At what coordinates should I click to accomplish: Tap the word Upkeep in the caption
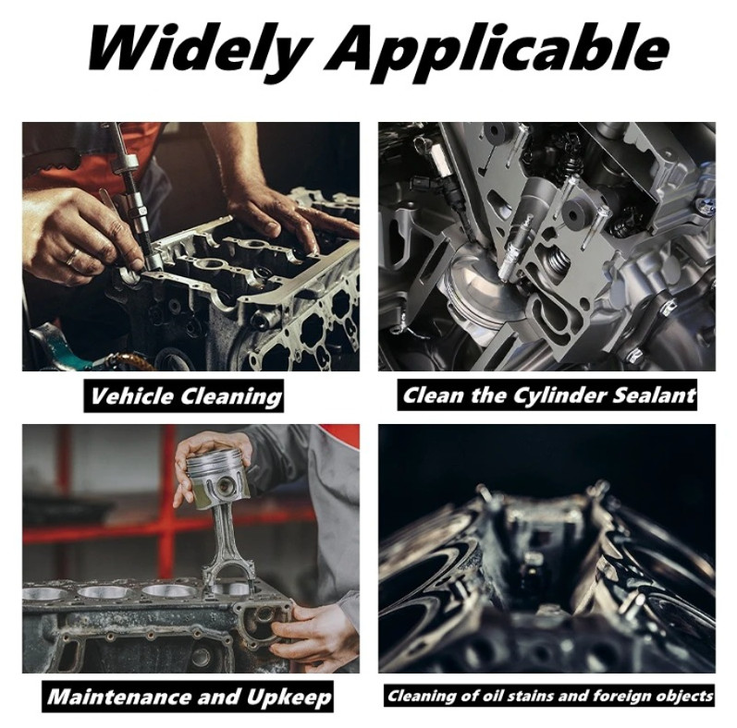click(289, 698)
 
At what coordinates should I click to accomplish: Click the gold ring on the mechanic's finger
click(73, 257)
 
